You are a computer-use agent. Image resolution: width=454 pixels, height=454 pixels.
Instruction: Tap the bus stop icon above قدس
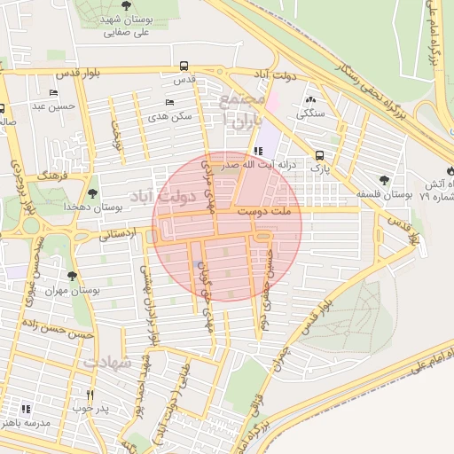184,66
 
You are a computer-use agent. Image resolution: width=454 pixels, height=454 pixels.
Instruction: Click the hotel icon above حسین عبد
54,93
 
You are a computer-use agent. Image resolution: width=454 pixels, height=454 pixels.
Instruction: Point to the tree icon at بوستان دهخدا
93,192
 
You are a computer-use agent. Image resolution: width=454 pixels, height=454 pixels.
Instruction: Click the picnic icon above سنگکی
311,99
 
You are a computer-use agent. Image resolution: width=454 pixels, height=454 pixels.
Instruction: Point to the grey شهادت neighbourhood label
108,363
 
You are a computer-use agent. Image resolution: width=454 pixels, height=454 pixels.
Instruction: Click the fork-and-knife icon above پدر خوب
89,394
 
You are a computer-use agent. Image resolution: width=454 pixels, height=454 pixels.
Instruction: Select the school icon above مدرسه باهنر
26,409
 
